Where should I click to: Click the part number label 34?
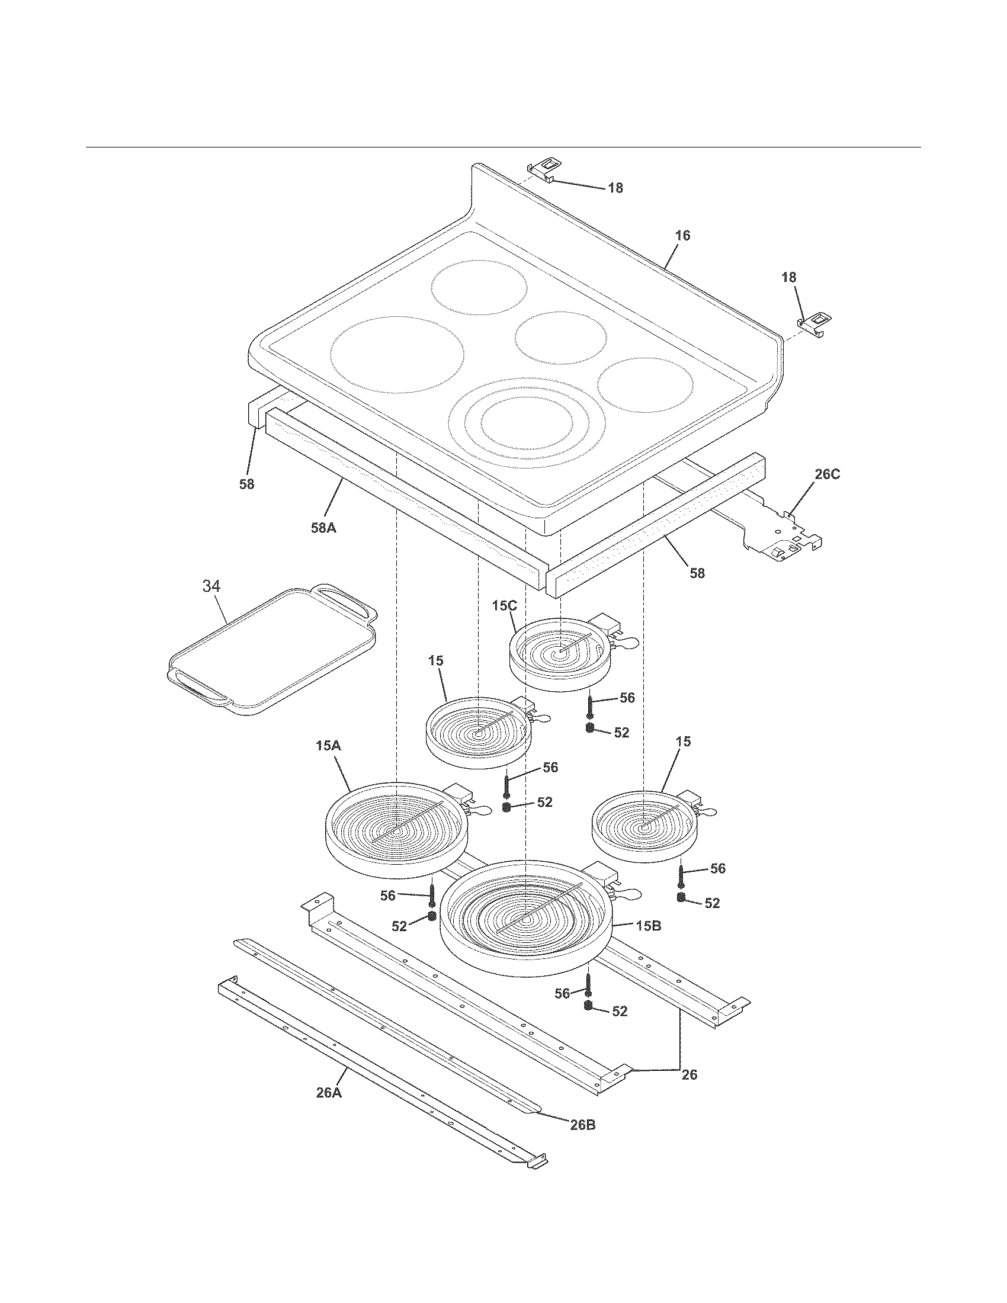(x=211, y=586)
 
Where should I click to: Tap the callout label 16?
(x=682, y=236)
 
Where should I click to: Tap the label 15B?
(x=648, y=926)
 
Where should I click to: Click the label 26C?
(x=827, y=475)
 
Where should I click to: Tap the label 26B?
(x=582, y=1125)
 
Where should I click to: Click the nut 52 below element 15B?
(x=588, y=1006)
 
